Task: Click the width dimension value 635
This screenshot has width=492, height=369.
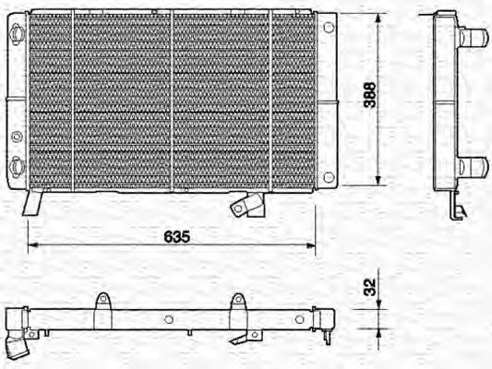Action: [177, 237]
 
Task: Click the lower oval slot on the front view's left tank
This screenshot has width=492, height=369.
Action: [18, 165]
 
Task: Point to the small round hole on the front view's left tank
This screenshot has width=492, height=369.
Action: [17, 137]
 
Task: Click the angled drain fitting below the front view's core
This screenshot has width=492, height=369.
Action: [246, 204]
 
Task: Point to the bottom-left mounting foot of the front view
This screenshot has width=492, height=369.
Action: [32, 201]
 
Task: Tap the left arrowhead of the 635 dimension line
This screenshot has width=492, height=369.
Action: [32, 245]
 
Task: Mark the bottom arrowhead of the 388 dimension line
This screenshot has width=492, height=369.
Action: [379, 184]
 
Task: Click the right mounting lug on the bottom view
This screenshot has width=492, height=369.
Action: [237, 303]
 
